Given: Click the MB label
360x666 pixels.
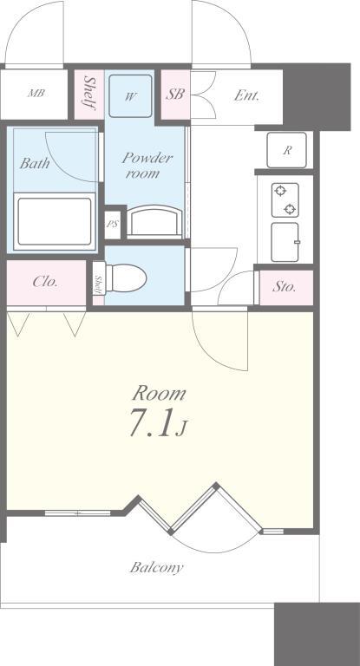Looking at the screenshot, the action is pos(36,93).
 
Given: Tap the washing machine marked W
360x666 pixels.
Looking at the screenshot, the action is pos(130,96).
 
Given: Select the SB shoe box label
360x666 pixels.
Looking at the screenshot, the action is pos(175,94).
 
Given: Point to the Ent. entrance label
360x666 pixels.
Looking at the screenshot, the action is pos(246,95).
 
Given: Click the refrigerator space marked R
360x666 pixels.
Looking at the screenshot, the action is pos(286,150).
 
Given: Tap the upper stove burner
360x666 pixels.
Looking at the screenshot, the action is pos(280,191).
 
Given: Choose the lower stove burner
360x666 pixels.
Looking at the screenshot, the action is pos(290,209).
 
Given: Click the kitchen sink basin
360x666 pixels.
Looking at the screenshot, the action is pos(285,242).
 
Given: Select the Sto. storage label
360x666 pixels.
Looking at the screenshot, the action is pos(284,287).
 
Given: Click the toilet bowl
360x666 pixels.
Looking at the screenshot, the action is pos(126,278).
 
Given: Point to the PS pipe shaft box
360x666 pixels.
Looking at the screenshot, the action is pos(113,224).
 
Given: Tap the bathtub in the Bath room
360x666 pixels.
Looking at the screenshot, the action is pos(55,221).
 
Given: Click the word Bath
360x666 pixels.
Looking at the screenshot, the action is pos(35,163).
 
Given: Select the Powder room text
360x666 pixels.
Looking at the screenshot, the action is pos(147,166).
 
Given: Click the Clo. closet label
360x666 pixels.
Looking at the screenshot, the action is pos(45,282).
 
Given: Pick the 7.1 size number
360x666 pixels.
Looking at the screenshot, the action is pos(152,423).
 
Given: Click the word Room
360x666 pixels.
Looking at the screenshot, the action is pos(159,394).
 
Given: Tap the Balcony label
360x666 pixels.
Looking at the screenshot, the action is pos(156,567).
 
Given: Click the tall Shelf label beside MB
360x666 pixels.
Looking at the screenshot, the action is pos(89,93).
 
